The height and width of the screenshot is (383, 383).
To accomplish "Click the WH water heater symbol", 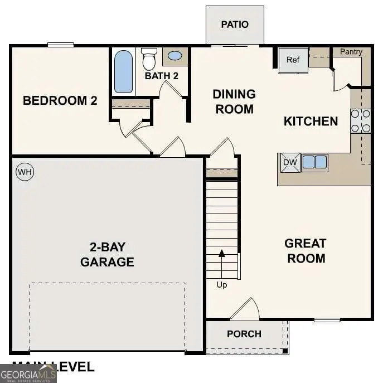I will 25,172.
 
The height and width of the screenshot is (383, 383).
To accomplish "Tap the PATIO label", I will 234,25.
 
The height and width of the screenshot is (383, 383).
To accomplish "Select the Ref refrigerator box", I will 293,60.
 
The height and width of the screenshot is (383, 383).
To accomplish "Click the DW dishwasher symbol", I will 289,162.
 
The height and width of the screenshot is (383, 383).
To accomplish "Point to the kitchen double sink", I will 314,162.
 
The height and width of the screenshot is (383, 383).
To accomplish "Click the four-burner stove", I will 360,121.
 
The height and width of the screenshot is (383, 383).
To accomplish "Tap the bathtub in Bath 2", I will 124,71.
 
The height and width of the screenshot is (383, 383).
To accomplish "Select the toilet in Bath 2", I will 149,58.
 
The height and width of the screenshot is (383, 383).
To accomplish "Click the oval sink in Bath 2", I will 174,56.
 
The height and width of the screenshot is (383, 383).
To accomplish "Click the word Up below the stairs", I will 222,285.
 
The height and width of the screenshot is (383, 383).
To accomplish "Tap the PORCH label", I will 244,334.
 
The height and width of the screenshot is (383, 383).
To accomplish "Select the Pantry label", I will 351,52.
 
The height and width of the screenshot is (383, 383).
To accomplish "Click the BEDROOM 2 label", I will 60,100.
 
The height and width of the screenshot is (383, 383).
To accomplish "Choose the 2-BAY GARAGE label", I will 107,254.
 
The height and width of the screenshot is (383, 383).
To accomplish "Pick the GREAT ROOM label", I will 305,251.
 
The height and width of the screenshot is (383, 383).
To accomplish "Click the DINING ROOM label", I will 234,101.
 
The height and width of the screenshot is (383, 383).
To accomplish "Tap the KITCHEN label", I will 311,121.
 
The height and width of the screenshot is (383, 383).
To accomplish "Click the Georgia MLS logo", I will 28,373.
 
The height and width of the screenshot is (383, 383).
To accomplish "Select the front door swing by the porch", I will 246,309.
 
